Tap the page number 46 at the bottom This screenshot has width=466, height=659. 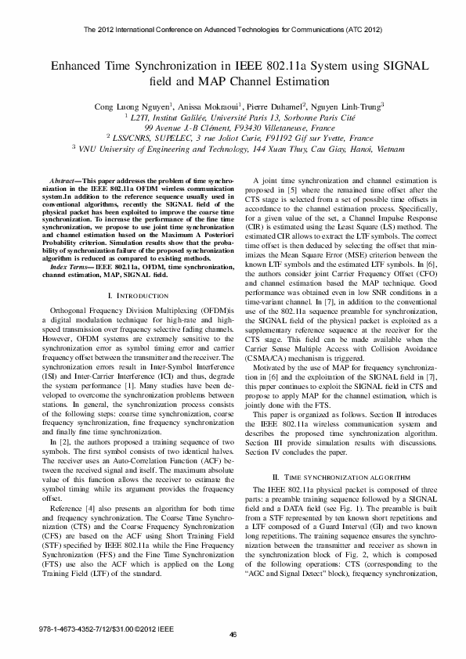coord(233,634)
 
